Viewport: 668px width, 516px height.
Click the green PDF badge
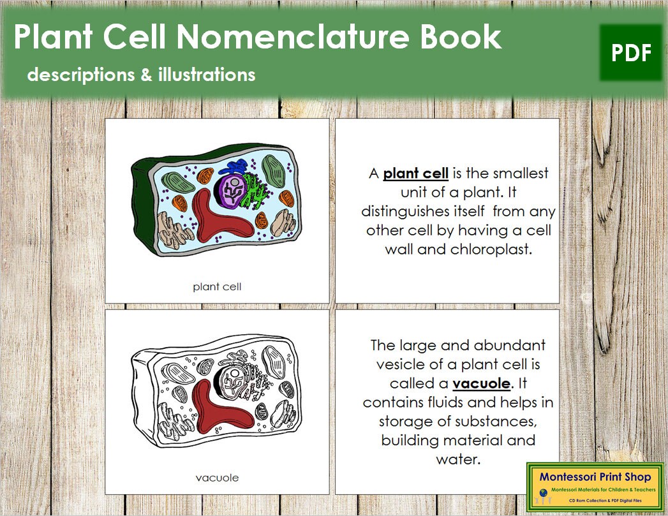[631, 53]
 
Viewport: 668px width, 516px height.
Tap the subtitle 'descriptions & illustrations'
[141, 75]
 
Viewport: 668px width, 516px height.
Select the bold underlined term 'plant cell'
[415, 173]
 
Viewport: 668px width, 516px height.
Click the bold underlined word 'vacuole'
[482, 383]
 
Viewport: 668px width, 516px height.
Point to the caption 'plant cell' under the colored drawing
[217, 286]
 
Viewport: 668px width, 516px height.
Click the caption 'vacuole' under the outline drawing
[218, 477]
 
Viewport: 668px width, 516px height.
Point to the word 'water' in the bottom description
[457, 459]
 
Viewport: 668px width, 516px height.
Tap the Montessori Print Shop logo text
[595, 476]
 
